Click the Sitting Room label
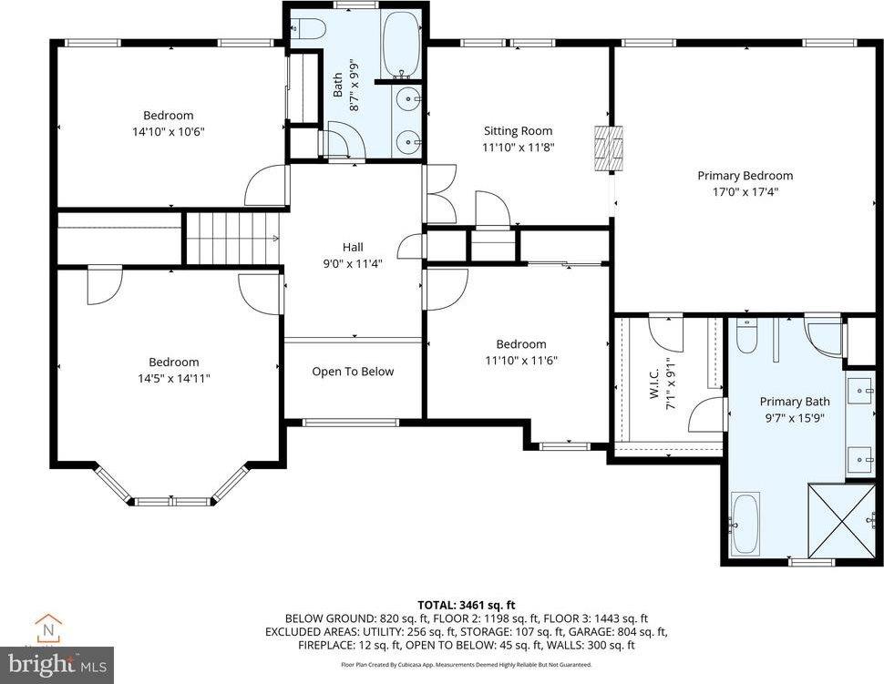[518, 131]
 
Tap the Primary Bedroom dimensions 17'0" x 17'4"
[745, 191]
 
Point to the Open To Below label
[353, 372]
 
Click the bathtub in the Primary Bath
[745, 523]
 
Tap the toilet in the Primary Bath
[745, 337]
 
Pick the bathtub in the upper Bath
[400, 44]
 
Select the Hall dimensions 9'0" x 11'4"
[353, 264]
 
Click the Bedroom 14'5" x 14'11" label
[174, 362]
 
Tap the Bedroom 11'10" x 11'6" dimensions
[520, 360]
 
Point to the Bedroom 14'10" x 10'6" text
[169, 131]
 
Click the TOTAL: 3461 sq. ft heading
[467, 604]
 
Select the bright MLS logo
[57, 664]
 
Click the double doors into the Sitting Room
[440, 193]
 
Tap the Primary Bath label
[795, 402]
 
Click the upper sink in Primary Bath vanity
[860, 392]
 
